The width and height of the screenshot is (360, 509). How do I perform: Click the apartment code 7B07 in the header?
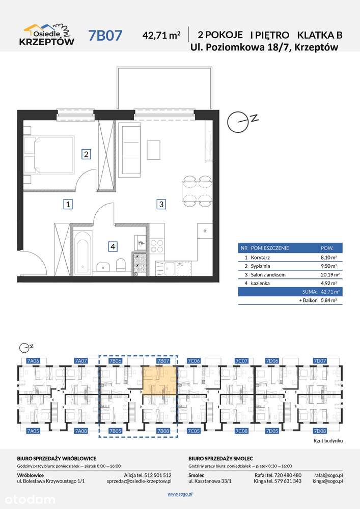click(105, 35)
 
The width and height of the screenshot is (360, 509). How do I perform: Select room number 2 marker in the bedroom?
click(86, 154)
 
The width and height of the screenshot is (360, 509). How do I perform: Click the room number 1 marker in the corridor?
click(68, 205)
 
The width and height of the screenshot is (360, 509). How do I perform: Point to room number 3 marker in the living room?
click(161, 204)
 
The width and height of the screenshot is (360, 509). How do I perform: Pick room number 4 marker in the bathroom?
click(113, 247)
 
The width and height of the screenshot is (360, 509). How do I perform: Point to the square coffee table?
click(154, 150)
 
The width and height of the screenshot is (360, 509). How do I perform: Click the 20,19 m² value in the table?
click(328, 275)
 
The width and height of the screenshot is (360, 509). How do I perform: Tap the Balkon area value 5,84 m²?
click(328, 300)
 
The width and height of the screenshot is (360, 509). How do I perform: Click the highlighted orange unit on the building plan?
click(159, 380)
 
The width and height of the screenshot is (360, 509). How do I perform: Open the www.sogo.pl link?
click(180, 494)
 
